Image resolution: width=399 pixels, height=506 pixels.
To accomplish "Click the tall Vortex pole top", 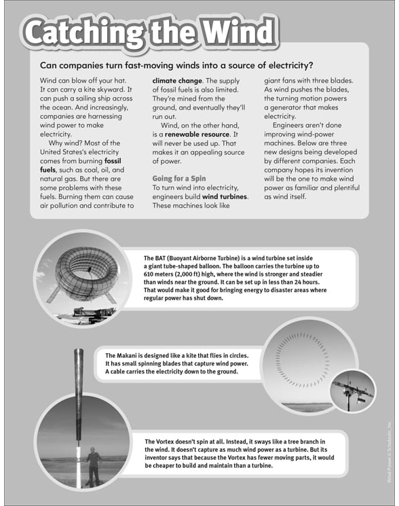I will tap(79, 360).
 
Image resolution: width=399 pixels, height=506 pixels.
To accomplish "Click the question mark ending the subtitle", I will tap(311, 66).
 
